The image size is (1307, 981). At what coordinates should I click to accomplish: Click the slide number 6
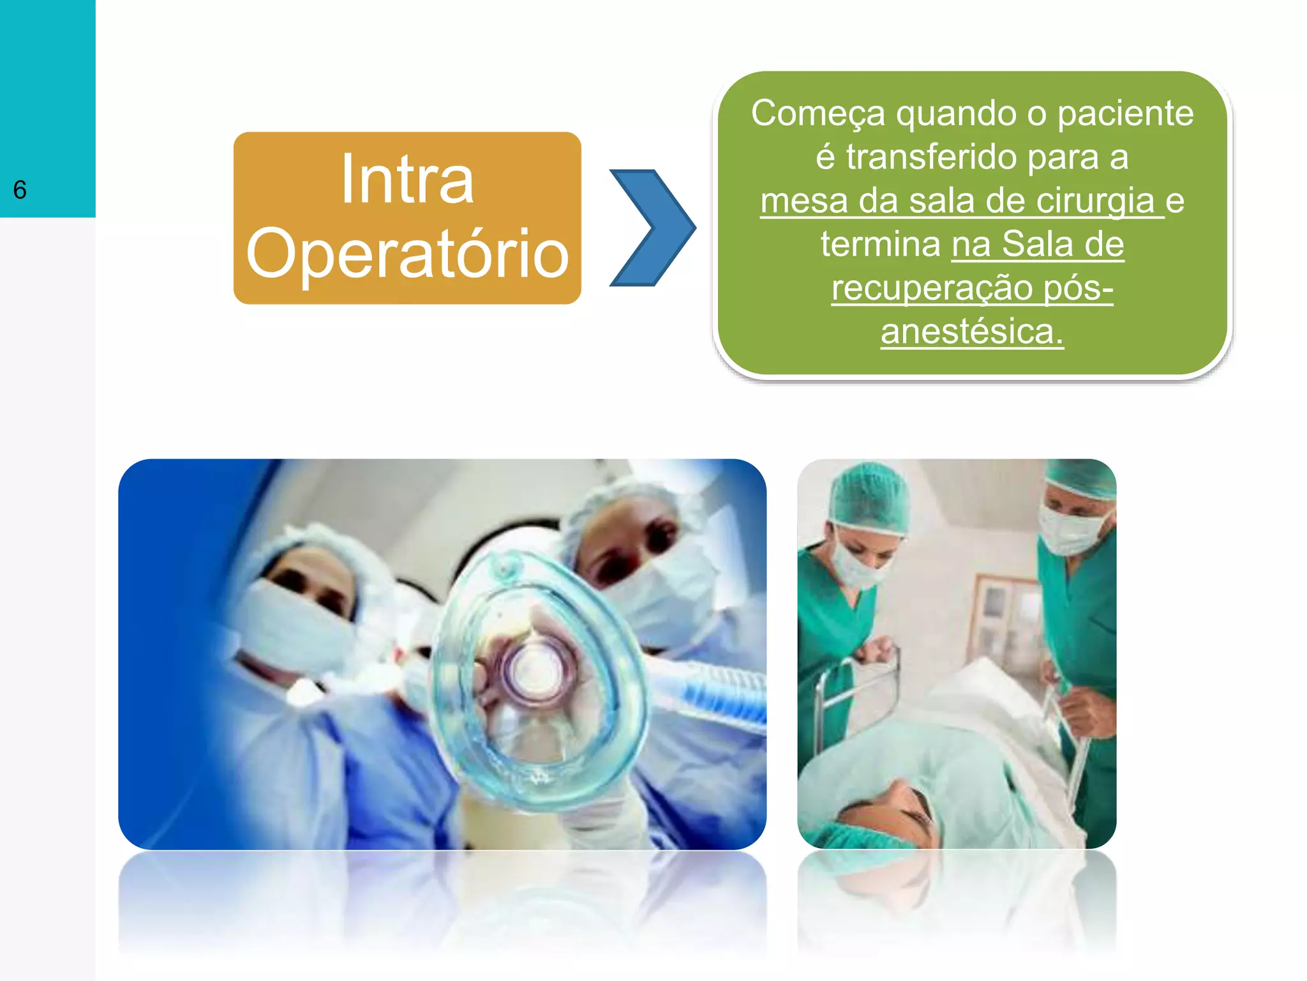coord(20,190)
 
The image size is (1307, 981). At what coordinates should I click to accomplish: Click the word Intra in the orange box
coord(407,180)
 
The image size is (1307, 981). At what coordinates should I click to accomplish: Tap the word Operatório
coord(407,254)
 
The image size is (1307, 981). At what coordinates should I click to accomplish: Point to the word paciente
coord(1124,114)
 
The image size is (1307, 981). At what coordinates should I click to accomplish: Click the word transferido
coord(932,157)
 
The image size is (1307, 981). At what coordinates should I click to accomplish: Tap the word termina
coord(881,244)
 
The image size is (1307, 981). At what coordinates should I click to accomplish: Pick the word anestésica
coord(971,331)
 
